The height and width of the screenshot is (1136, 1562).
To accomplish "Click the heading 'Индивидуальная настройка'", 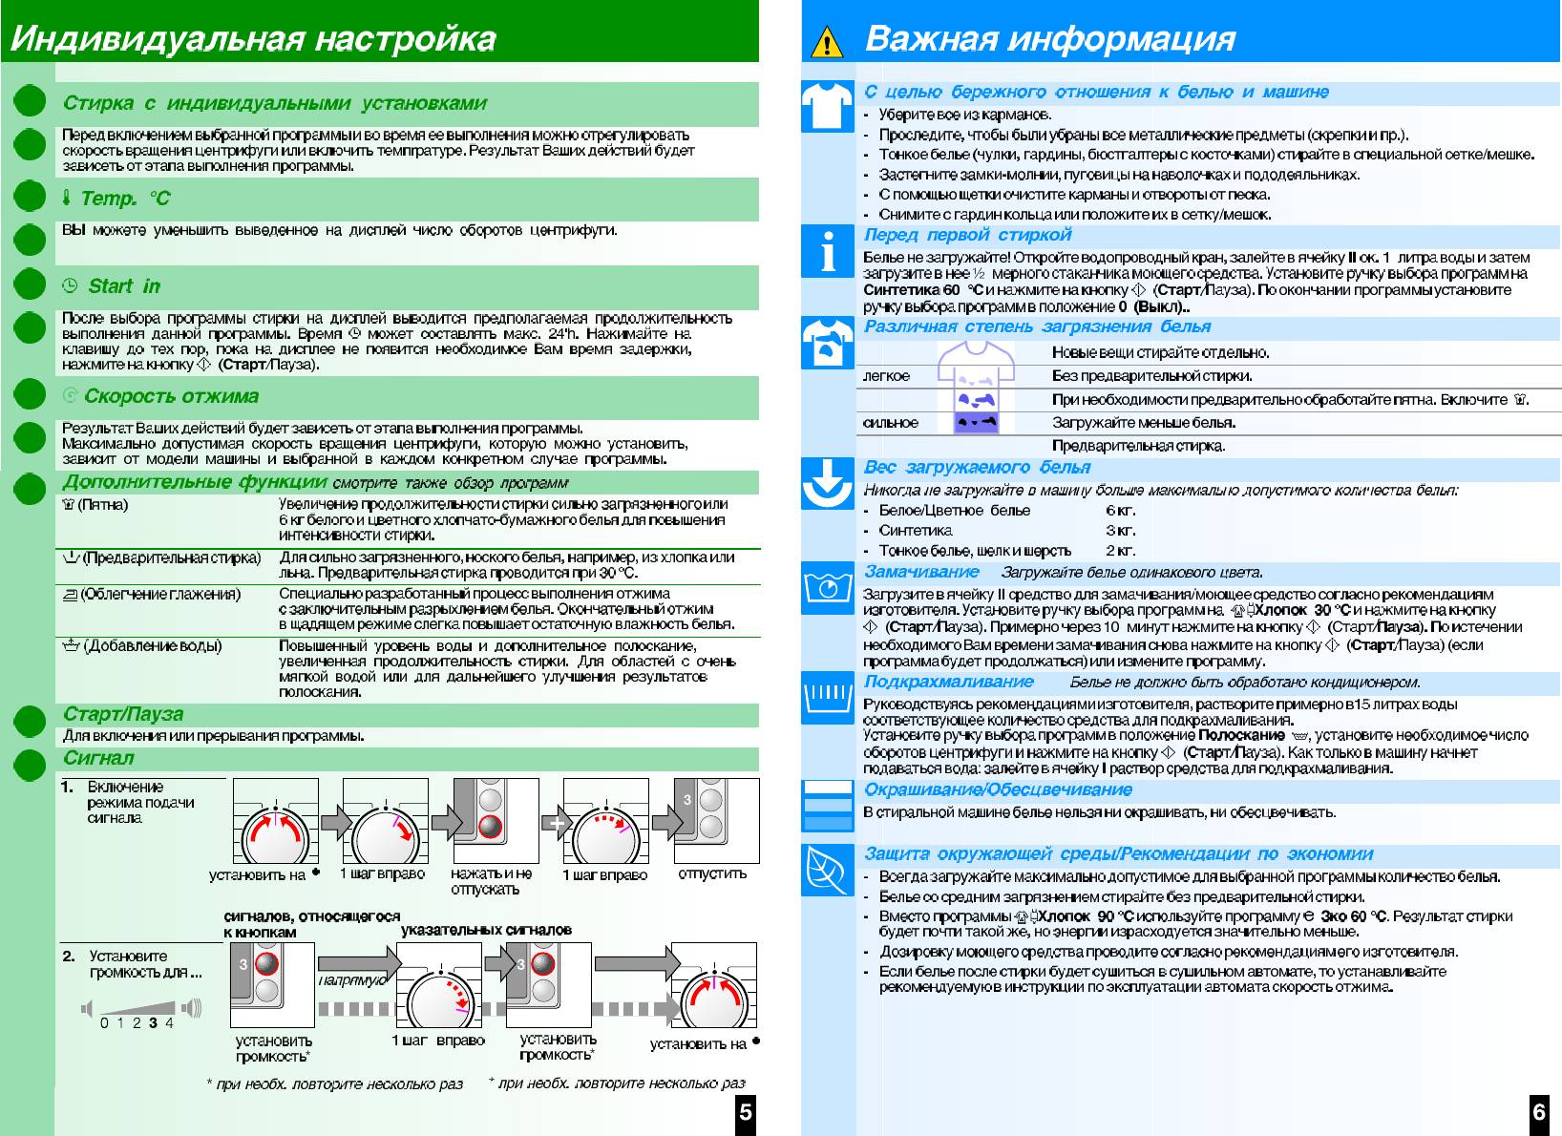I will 253,39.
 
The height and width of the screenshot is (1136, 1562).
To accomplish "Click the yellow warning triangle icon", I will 826,43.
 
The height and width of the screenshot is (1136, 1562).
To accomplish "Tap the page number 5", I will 746,1112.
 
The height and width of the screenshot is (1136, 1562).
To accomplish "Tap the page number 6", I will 1539,1112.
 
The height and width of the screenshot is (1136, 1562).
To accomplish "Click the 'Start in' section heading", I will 124,286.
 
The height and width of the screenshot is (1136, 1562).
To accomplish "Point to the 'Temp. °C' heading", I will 124,199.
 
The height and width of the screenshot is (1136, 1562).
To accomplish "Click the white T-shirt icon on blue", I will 827,105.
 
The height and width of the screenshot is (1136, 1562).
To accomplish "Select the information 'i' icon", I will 827,252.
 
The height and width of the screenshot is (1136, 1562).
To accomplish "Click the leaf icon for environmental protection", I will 827,869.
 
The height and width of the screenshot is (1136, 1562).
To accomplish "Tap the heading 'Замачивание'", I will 921,572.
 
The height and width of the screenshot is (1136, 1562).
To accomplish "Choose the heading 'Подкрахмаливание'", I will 948,682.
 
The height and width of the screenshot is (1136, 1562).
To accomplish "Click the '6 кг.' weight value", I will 1120,511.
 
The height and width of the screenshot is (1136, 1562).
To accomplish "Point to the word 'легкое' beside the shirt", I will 886,376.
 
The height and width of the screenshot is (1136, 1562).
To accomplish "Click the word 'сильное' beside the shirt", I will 890,423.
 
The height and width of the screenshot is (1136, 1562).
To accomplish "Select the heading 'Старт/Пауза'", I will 123,714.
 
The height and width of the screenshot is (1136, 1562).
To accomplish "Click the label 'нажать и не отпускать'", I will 490,881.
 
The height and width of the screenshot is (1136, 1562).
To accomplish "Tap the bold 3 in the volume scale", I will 153,1023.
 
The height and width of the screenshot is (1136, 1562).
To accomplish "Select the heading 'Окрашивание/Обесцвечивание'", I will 998,789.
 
